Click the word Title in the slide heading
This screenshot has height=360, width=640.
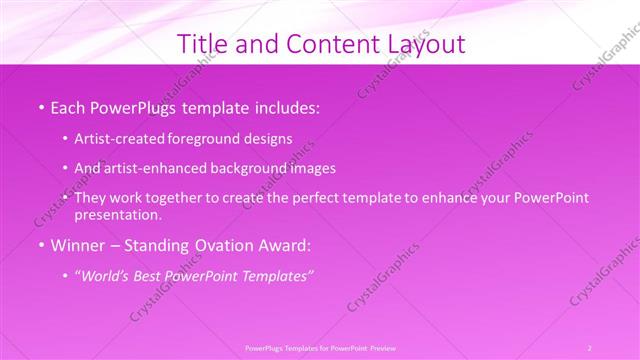(201, 45)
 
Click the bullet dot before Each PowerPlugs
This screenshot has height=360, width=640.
(41, 107)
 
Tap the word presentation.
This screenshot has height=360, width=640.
(117, 214)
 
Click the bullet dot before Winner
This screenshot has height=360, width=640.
(41, 245)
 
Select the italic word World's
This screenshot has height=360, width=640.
(110, 276)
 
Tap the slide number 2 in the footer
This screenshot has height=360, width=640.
(589, 347)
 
